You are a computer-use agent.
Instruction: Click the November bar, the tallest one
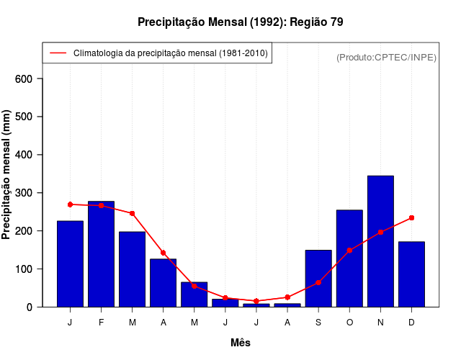[380, 241]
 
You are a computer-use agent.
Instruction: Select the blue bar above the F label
[101, 254]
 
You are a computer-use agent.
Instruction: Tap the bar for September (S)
[318, 279]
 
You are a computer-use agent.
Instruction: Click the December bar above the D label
[411, 274]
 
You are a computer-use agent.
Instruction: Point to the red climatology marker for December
[411, 217]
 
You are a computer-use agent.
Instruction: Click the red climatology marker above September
[318, 283]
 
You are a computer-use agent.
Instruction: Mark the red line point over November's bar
[380, 233]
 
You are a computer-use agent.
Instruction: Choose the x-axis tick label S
[318, 323]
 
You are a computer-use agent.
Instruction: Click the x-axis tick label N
[380, 323]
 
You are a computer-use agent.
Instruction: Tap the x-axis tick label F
[101, 323]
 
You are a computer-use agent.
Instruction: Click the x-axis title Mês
[241, 343]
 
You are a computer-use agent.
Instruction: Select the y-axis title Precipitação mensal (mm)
[7, 175]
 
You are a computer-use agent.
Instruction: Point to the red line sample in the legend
[58, 53]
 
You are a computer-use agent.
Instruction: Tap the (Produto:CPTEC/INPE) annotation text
[386, 57]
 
